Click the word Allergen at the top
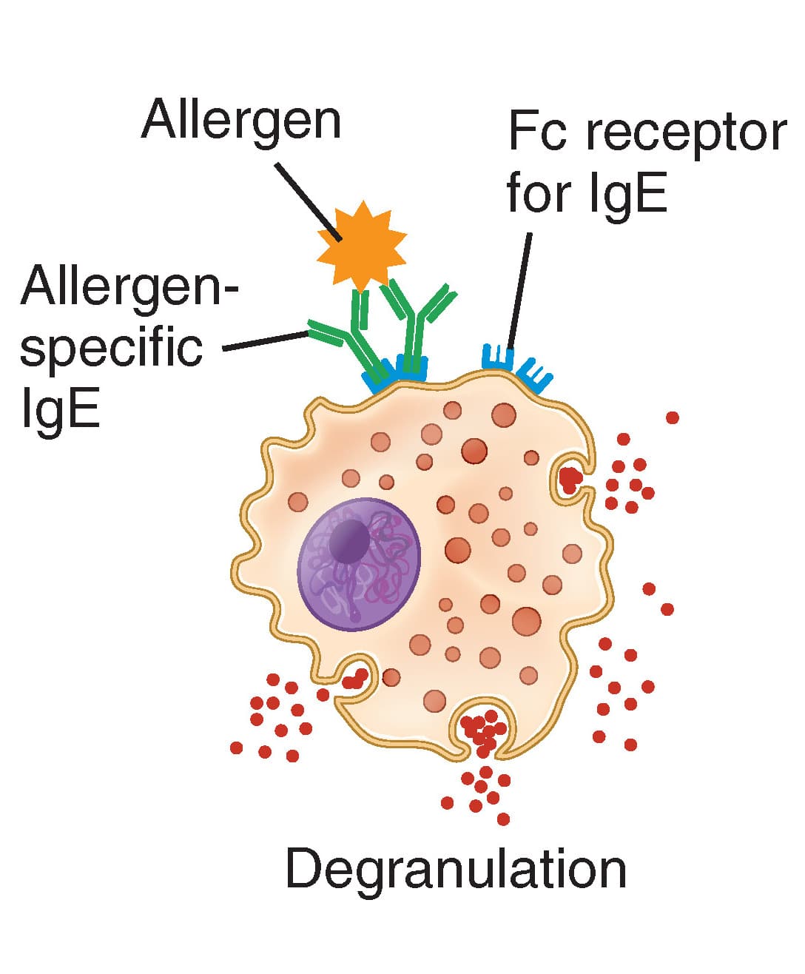pos(241,120)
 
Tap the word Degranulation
pos(456,870)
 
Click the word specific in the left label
pos(111,348)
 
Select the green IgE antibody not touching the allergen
pos(418,326)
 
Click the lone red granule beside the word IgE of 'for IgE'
pos(672,418)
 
